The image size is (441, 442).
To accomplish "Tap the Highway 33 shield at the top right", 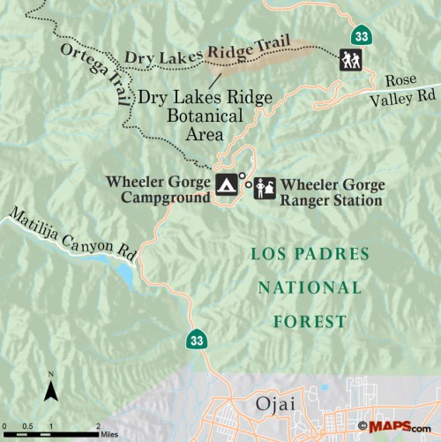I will click(360, 36).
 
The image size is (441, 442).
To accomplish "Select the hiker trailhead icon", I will click(350, 60).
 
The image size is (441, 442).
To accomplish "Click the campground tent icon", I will click(226, 184).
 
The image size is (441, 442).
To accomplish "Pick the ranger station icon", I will click(265, 187).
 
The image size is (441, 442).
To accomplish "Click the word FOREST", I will click(310, 321).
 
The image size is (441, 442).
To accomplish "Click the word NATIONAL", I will click(310, 288).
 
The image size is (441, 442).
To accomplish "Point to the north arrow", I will click(51, 385).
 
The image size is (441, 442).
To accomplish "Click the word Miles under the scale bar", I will click(108, 434).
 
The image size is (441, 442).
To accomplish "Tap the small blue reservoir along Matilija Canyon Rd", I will click(125, 277).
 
